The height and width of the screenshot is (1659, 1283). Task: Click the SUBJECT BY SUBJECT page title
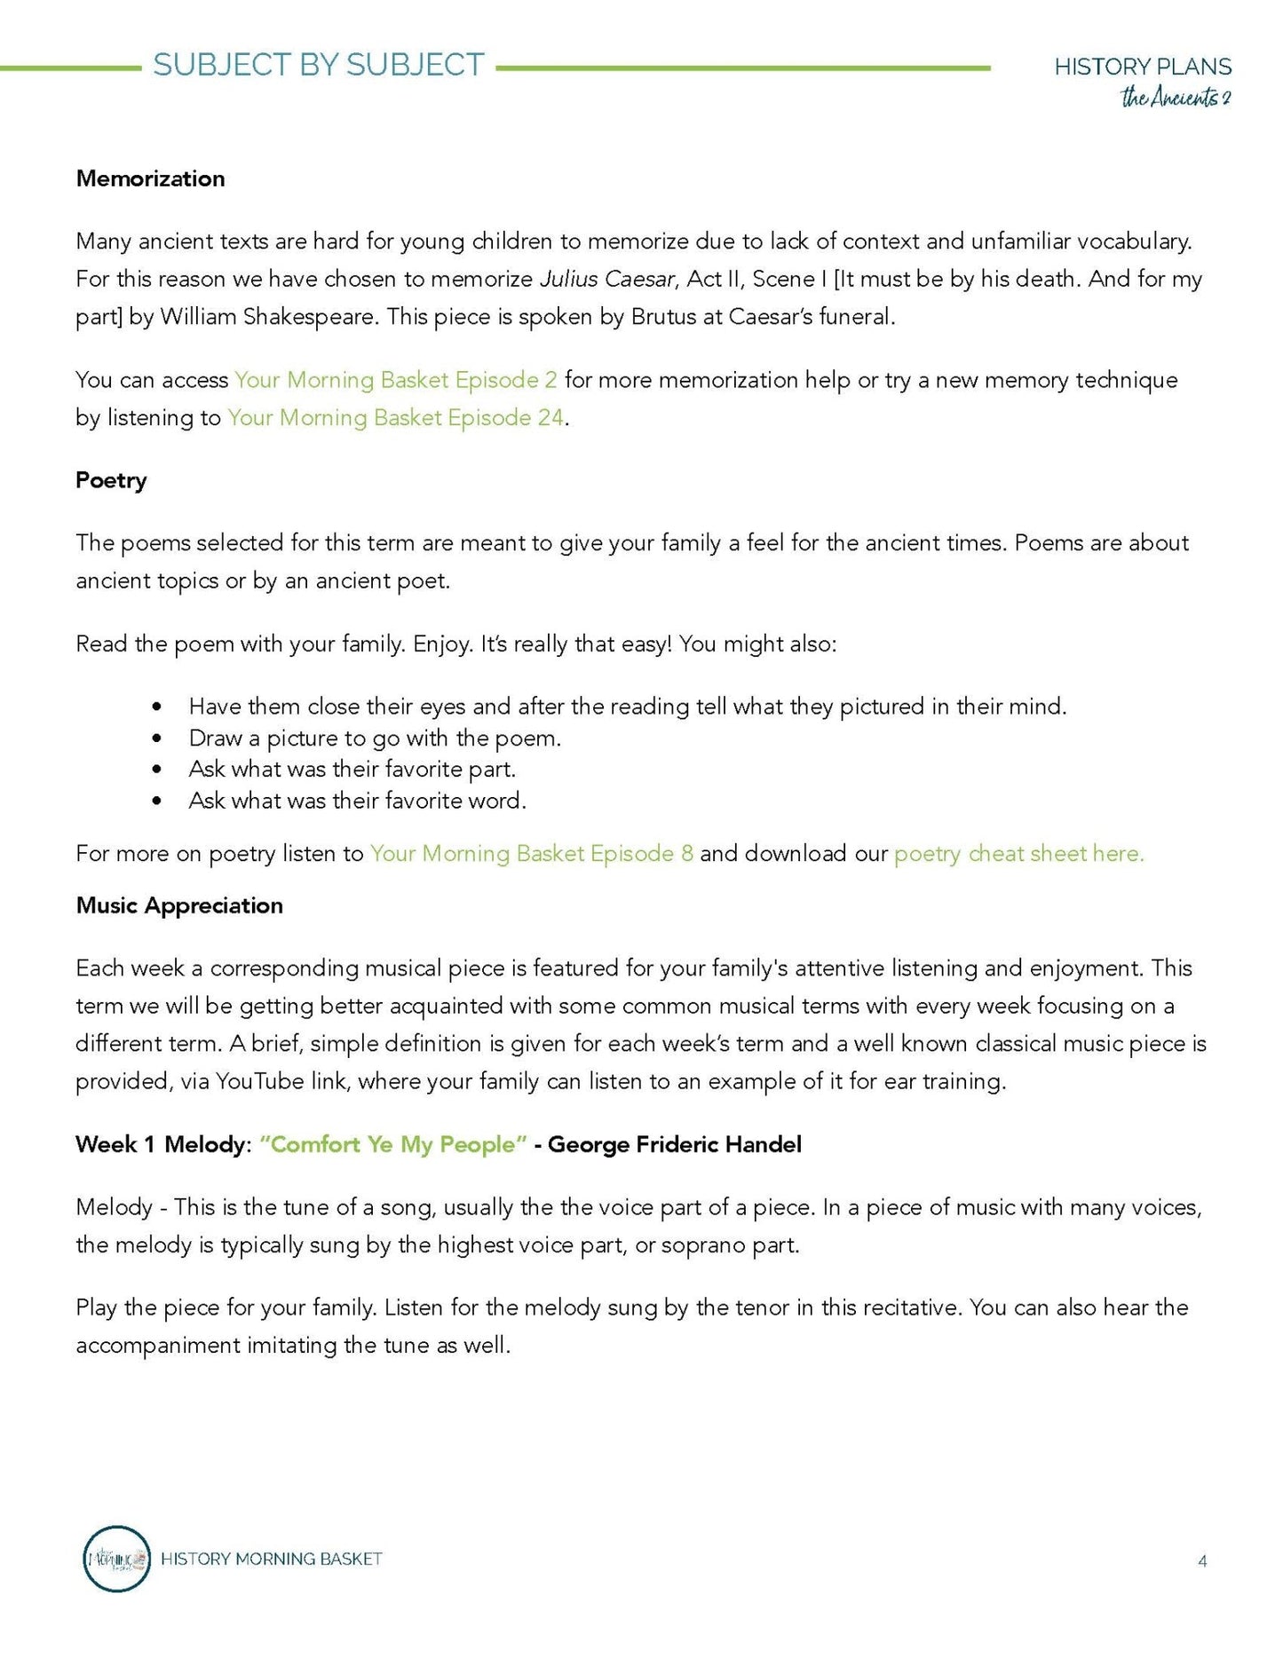[318, 66]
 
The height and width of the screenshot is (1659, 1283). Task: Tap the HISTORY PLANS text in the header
[1142, 67]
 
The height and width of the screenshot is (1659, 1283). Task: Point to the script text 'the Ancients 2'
[1175, 98]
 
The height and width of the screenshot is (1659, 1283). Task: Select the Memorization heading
[150, 178]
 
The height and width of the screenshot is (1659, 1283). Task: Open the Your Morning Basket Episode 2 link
[396, 380]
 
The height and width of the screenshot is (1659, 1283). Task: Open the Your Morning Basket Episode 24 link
[395, 418]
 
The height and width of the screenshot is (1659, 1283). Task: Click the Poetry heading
[111, 480]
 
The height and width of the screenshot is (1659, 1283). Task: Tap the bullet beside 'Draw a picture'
[157, 739]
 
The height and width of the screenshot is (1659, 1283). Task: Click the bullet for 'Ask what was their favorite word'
[157, 801]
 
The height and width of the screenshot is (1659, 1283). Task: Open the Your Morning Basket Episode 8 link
[531, 854]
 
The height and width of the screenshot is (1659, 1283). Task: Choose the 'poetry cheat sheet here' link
[1018, 854]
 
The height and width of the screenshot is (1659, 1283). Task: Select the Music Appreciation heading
[179, 905]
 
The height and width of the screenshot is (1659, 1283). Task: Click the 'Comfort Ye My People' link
[393, 1145]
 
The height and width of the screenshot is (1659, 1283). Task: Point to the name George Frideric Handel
[675, 1145]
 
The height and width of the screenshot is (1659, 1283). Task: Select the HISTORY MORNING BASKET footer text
[271, 1559]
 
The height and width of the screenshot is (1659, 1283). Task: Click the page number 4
[1202, 1561]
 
